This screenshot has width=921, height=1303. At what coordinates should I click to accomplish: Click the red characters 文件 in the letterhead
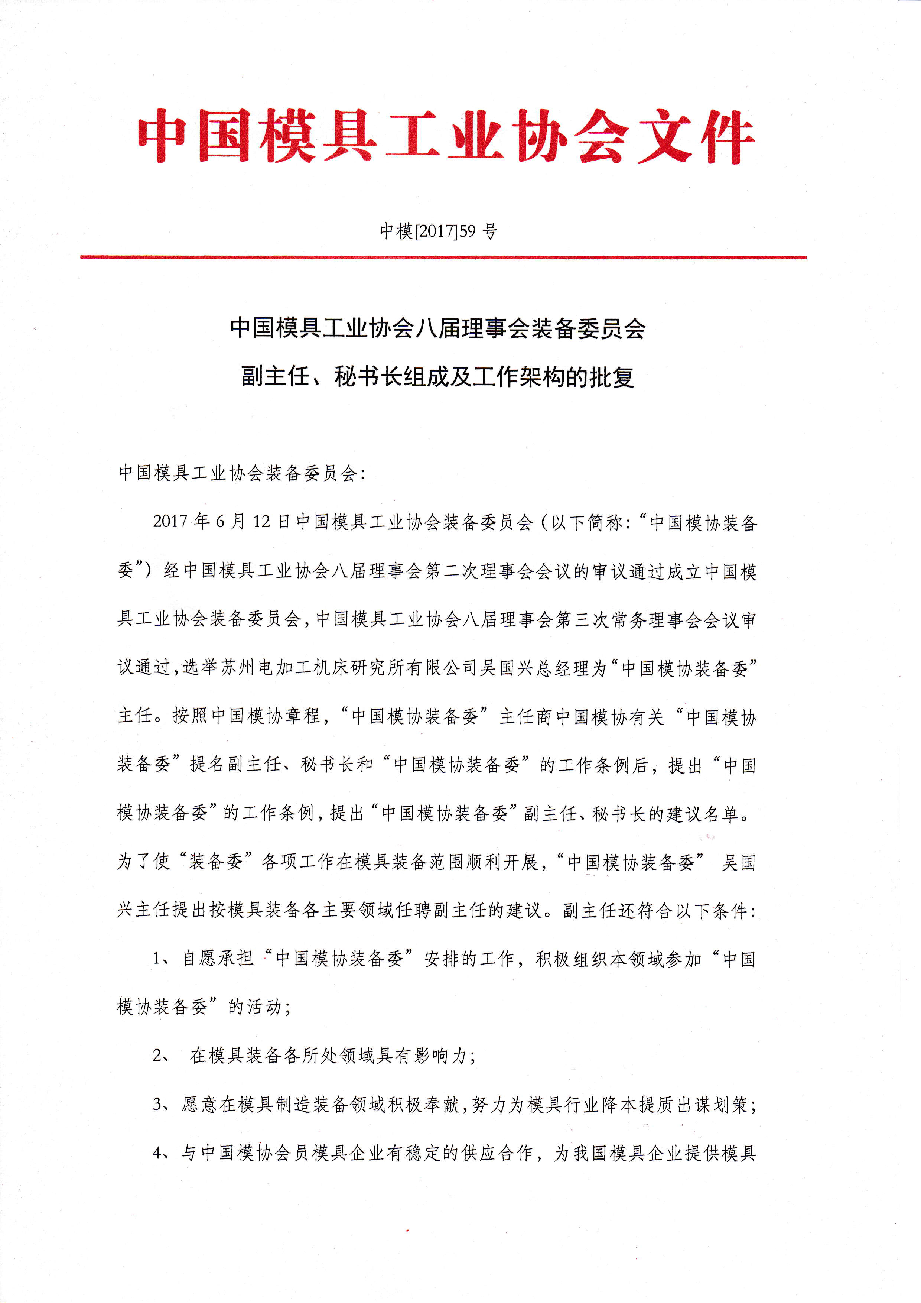point(696,137)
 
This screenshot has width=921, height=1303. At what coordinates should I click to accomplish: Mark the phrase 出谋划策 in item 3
point(712,1104)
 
